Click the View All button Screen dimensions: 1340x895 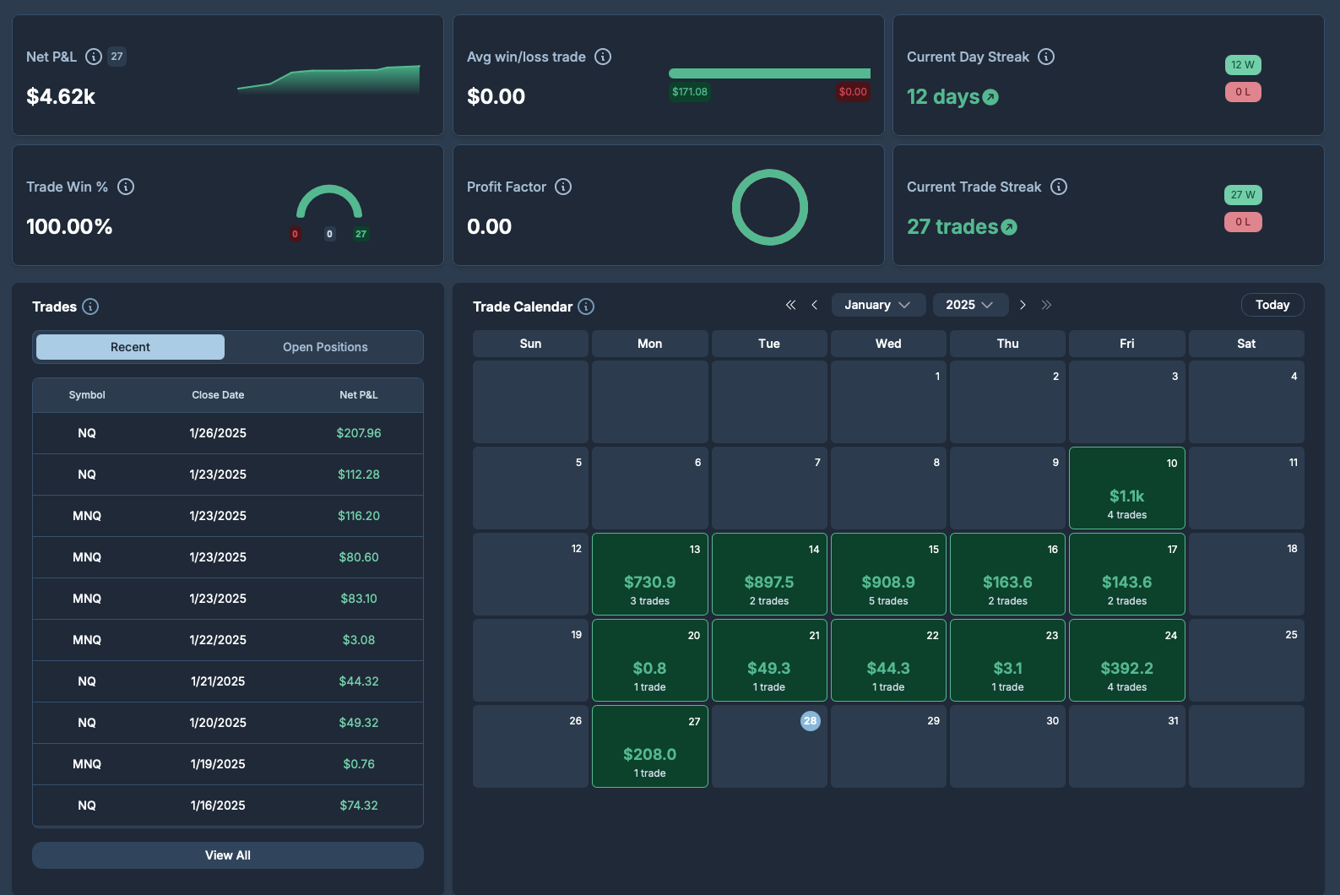[227, 855]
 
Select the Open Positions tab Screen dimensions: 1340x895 [325, 347]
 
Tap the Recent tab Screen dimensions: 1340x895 [130, 347]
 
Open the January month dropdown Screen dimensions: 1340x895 [878, 305]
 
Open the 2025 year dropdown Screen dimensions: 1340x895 [970, 305]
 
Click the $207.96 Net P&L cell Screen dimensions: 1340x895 [358, 432]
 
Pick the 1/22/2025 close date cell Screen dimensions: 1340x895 [218, 639]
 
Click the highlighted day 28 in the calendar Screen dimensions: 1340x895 [810, 721]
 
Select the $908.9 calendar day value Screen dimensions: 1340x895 [888, 582]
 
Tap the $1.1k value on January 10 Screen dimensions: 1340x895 [1126, 496]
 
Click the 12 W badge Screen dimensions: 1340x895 [1243, 65]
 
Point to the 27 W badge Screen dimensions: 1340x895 [1243, 195]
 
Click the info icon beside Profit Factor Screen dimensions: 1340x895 [563, 187]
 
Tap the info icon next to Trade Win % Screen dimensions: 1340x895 [126, 187]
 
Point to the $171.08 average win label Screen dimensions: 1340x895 [689, 91]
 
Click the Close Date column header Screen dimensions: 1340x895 [218, 395]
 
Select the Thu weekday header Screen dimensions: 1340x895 [1007, 344]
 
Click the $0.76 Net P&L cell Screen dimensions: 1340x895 [358, 764]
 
